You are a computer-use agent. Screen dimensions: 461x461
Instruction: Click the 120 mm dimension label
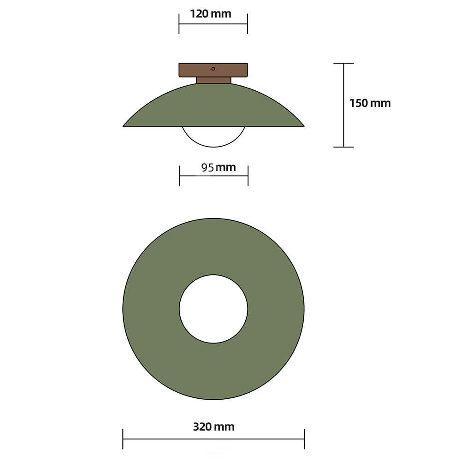click(211, 13)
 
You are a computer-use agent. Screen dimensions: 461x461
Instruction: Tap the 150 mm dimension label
click(370, 103)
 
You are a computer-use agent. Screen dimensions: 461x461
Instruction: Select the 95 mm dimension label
click(218, 167)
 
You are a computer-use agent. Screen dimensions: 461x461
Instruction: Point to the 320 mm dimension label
click(213, 426)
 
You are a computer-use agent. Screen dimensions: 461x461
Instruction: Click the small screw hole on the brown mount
click(213, 69)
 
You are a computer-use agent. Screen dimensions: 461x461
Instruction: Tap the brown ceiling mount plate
click(194, 70)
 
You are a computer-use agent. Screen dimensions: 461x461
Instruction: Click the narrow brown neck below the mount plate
click(213, 80)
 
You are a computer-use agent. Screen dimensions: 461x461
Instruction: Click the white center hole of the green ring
click(213, 309)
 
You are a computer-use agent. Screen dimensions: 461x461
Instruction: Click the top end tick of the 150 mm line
click(343, 63)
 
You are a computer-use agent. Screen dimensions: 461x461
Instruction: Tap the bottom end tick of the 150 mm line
click(343, 147)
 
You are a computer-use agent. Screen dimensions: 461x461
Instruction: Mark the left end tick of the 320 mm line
click(123, 438)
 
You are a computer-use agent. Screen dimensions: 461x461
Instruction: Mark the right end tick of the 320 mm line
click(304, 438)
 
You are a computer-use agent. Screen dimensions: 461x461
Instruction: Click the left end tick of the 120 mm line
click(179, 24)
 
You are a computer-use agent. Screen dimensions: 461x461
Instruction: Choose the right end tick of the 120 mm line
click(248, 24)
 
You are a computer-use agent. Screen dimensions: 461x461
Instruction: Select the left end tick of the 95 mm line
click(180, 176)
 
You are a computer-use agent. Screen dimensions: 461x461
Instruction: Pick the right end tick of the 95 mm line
click(248, 176)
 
